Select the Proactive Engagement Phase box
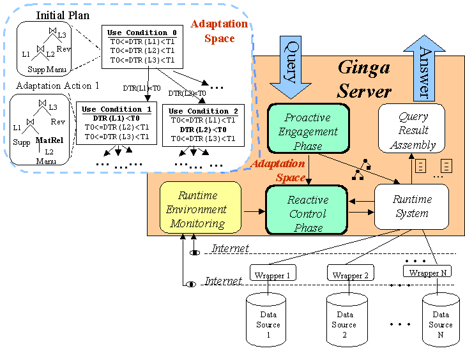(307, 131)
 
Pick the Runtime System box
(412, 206)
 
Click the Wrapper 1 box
(271, 275)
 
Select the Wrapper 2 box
(350, 275)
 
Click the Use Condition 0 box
(142, 46)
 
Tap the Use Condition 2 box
(204, 125)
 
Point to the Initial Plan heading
(63, 15)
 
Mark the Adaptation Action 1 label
(57, 86)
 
